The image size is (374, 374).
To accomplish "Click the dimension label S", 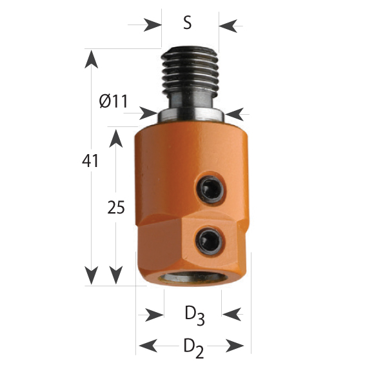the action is tap(188, 24).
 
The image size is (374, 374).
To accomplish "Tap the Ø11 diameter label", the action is tap(113, 101).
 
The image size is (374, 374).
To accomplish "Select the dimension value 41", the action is tap(90, 161).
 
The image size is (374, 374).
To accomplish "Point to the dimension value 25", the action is tap(116, 207).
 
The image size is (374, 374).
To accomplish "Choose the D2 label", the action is tap(193, 348).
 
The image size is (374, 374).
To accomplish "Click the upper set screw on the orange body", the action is tap(210, 190).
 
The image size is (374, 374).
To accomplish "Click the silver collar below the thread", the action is tap(191, 115).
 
